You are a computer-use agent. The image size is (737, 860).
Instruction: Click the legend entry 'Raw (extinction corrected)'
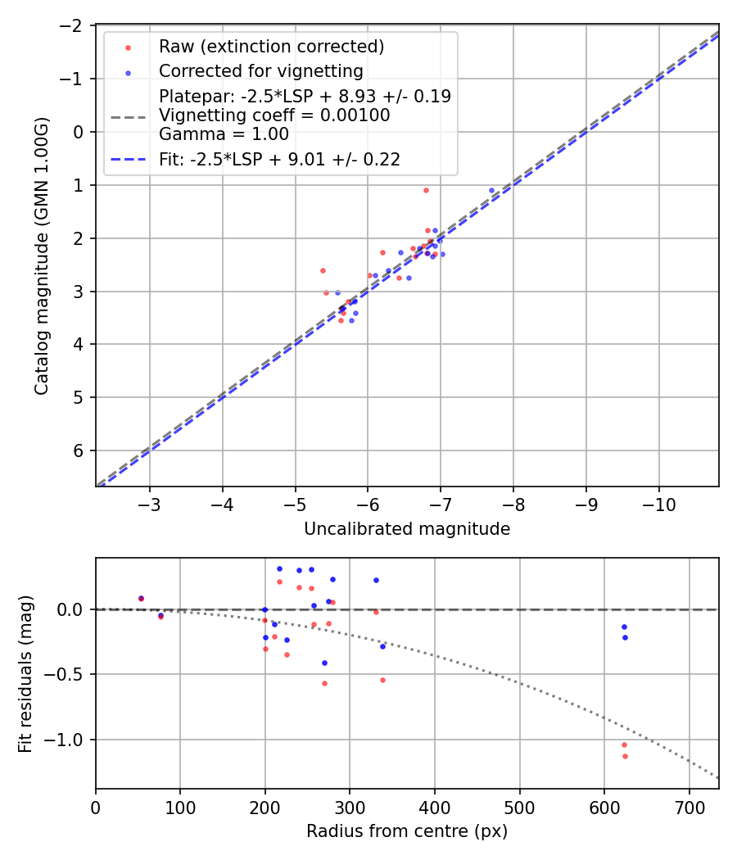click(x=272, y=46)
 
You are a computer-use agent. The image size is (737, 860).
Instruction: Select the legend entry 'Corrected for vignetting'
click(x=260, y=70)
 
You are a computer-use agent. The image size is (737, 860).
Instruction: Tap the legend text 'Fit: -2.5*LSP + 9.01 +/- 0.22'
click(x=279, y=160)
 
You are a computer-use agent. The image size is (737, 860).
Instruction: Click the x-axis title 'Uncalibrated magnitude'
click(x=407, y=529)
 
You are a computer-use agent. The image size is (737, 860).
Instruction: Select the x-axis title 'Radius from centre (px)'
click(x=407, y=831)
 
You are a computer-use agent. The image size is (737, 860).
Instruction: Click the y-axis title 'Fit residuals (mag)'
click(x=25, y=673)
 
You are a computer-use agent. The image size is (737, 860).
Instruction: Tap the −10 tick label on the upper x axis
click(x=659, y=505)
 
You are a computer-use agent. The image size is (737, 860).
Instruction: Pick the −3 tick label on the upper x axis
click(x=150, y=505)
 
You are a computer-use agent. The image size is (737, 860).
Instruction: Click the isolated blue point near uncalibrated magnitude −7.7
click(x=492, y=190)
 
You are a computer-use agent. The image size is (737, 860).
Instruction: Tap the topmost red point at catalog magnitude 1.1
click(x=426, y=190)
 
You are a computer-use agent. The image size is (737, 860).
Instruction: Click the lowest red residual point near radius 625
click(x=625, y=756)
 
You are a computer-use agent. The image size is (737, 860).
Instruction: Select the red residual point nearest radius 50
click(x=141, y=599)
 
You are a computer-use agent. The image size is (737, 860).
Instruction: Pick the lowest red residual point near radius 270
click(x=324, y=683)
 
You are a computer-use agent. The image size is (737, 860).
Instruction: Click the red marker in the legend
click(x=127, y=47)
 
